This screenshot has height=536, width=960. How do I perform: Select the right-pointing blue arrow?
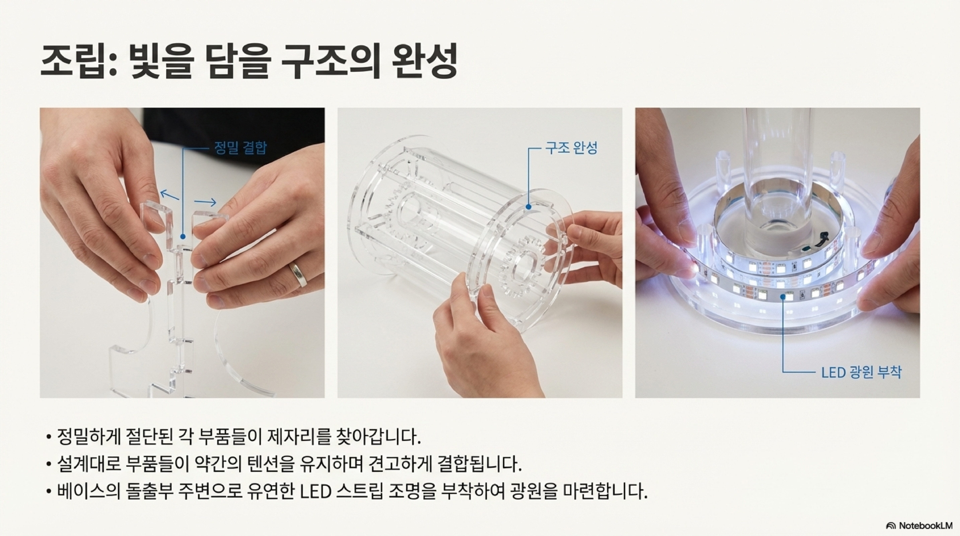pos(205,202)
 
